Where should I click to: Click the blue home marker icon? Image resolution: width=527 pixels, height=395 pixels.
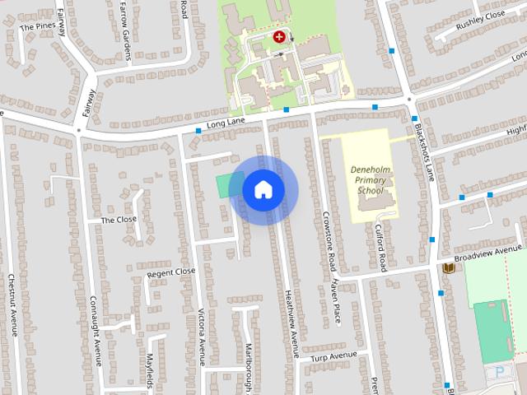263,190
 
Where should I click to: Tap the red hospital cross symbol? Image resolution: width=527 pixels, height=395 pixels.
280,36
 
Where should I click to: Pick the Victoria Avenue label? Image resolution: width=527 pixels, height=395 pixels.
200,336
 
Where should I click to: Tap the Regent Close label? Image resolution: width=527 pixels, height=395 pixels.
171,272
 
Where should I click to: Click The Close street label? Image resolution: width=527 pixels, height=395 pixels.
119,220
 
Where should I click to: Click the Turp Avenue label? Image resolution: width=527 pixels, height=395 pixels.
333,356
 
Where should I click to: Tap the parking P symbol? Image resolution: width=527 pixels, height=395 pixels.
499,372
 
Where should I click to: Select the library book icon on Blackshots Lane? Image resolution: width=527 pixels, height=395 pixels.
448,268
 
